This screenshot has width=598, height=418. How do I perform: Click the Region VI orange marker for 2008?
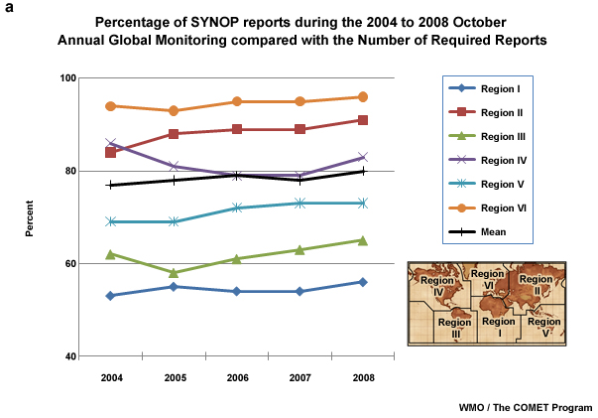(363, 97)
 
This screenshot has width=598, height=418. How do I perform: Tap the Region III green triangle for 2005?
(174, 272)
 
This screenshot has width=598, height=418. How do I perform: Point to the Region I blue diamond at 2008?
(363, 282)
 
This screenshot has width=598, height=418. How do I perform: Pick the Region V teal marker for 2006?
(237, 208)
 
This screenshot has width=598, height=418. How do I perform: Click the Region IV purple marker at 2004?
(110, 143)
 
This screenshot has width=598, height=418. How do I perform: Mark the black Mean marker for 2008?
(363, 171)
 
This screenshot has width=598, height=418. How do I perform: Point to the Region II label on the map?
(536, 285)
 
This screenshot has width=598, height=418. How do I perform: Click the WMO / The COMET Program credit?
(525, 407)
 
